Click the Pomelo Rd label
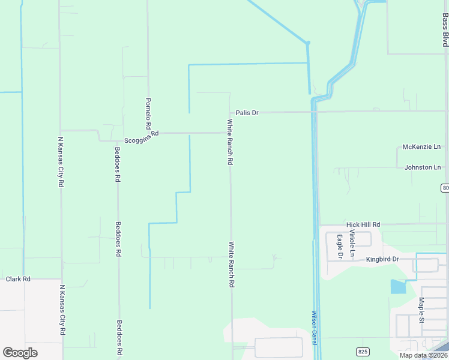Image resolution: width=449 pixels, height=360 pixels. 148,114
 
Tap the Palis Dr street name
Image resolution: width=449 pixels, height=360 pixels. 247,112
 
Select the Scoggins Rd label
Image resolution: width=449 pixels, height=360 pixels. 141,137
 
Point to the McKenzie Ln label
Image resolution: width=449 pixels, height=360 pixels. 421,146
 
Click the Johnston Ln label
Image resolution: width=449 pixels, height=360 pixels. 423,167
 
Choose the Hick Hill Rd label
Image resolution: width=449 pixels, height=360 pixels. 363,224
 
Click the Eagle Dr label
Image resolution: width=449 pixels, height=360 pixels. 340,246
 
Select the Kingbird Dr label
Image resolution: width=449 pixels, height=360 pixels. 381,260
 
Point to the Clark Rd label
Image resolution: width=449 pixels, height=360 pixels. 18,279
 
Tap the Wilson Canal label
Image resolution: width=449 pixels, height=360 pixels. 314,328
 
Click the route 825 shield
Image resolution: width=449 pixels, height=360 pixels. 363,351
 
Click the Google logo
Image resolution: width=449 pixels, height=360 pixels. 20,353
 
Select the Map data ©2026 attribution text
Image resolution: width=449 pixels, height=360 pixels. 423,355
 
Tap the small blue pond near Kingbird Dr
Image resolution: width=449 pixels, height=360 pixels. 397,287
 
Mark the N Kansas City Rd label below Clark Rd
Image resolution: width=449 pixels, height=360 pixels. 62,310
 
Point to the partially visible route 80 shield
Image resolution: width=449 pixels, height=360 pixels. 445,188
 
